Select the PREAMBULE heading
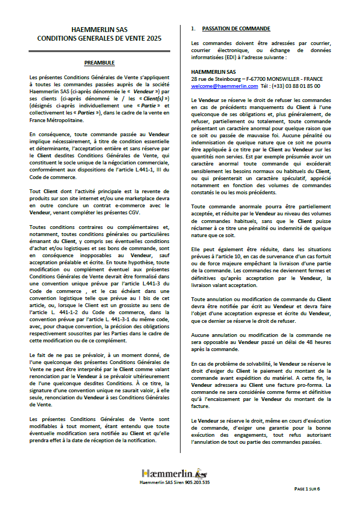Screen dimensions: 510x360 (99, 62)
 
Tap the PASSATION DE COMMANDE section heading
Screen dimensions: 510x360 (236, 28)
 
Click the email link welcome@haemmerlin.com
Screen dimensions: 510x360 (224, 86)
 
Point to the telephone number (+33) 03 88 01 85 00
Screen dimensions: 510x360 (297, 86)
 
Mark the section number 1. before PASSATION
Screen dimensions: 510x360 (194, 28)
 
